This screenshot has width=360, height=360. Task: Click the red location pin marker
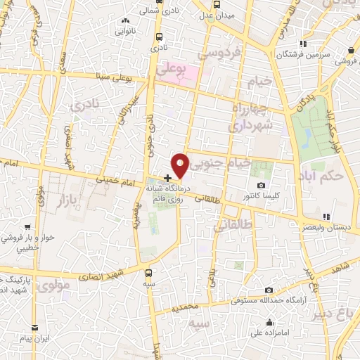(181, 165)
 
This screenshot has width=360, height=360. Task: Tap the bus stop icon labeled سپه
(148, 273)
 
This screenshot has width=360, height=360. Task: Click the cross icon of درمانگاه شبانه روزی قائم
(167, 179)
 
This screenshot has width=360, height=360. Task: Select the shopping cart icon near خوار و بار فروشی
(27, 227)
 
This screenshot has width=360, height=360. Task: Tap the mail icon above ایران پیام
(35, 327)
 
